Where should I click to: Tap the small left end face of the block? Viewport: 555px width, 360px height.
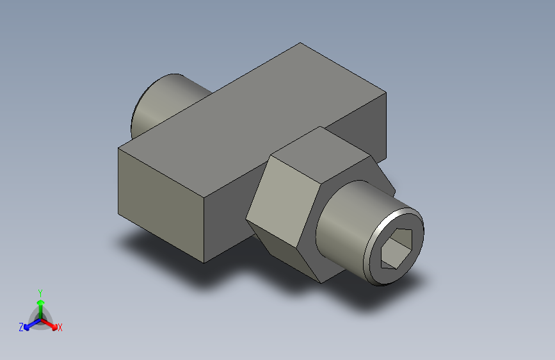coord(160,199)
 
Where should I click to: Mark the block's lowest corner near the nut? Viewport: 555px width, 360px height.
coord(204,262)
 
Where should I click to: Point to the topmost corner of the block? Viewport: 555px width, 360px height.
coord(301,44)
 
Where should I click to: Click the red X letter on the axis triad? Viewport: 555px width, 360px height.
coord(60,327)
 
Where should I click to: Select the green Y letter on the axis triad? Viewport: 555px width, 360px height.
coord(40,291)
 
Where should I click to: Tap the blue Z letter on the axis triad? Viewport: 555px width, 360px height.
coord(21,327)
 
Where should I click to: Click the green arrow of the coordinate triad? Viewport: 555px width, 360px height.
coord(40,304)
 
